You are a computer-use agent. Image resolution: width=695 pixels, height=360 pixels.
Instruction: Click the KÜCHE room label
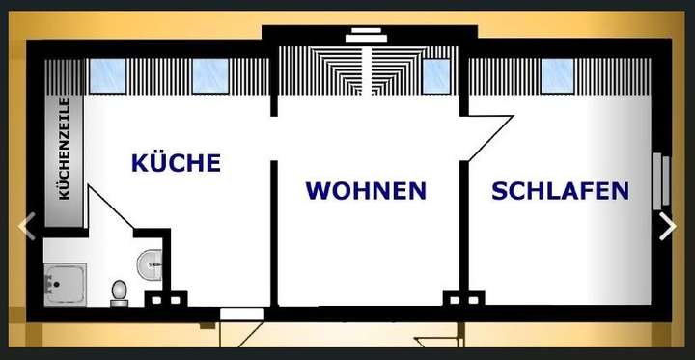(x=176, y=162)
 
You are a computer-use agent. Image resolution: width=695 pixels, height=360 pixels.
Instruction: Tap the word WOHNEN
(x=366, y=191)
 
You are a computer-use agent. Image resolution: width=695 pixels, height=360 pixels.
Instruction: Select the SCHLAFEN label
(x=560, y=191)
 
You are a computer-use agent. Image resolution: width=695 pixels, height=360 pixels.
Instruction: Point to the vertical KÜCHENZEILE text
(x=65, y=148)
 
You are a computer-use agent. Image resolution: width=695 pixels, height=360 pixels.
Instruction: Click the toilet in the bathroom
(x=120, y=291)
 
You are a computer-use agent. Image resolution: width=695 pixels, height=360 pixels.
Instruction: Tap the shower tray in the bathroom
(x=65, y=285)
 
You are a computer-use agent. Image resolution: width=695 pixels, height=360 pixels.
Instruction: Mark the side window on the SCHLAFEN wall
(x=661, y=180)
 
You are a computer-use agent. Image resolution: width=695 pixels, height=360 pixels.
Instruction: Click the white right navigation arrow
(x=667, y=226)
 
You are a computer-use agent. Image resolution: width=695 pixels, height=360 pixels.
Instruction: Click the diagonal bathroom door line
(x=111, y=208)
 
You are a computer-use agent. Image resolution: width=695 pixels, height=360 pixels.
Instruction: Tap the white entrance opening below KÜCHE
(x=241, y=314)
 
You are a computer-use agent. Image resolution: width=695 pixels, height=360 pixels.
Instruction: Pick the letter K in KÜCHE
(x=140, y=162)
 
